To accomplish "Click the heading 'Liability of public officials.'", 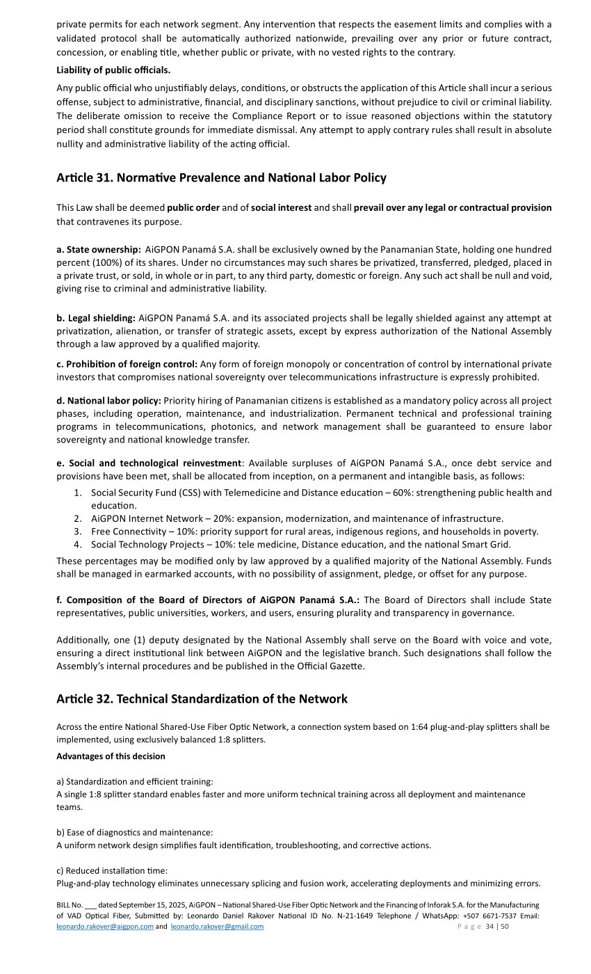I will pyautogui.click(x=113, y=70).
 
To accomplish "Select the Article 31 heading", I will pyautogui.click(x=221, y=178).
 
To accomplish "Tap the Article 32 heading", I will pyautogui.click(x=202, y=698).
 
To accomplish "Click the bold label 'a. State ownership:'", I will pyautogui.click(x=99, y=249).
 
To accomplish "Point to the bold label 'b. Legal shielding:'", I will pyautogui.click(x=96, y=318).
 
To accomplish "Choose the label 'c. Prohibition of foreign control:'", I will pyautogui.click(x=127, y=364).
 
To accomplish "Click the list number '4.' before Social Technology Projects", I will pyautogui.click(x=78, y=545).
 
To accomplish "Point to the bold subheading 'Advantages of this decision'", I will pyautogui.click(x=111, y=756).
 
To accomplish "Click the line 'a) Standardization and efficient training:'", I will pyautogui.click(x=135, y=781).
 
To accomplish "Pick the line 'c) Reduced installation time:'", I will pyautogui.click(x=112, y=870).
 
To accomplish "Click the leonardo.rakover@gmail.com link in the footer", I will pyautogui.click(x=217, y=927).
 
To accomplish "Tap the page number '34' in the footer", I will pyautogui.click(x=489, y=927).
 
